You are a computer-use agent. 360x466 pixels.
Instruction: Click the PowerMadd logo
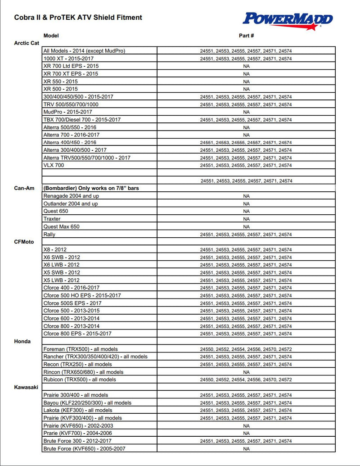click(x=288, y=19)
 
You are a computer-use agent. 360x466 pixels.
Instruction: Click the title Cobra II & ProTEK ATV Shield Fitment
click(x=78, y=18)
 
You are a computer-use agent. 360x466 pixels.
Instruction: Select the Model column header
click(x=51, y=36)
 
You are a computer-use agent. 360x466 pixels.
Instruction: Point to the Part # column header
click(x=246, y=36)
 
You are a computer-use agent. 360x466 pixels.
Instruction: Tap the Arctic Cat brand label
click(x=27, y=43)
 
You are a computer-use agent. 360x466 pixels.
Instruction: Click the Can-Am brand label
click(x=22, y=188)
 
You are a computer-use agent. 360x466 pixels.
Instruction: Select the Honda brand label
click(x=22, y=341)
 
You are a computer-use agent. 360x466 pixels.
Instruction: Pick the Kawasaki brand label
click(x=26, y=387)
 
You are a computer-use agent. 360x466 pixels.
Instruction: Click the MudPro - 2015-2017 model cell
click(x=67, y=112)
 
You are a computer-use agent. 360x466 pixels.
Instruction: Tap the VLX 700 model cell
click(x=54, y=165)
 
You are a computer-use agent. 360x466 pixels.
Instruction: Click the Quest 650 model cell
click(x=56, y=211)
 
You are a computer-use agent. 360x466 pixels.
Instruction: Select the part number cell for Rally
click(x=246, y=235)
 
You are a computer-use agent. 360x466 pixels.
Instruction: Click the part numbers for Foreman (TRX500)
click(x=246, y=349)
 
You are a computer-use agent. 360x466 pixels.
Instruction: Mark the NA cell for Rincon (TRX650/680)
click(x=246, y=372)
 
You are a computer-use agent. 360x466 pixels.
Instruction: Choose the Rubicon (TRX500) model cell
click(x=80, y=380)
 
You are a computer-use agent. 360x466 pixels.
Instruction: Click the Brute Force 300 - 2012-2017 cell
click(x=77, y=441)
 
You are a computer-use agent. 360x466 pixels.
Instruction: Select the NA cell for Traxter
click(x=246, y=219)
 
